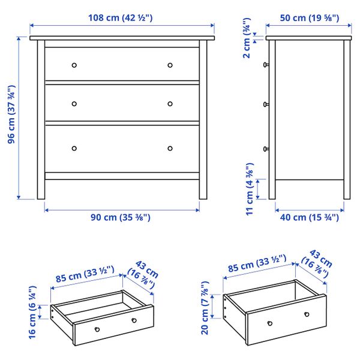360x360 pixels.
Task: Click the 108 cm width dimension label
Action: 122,17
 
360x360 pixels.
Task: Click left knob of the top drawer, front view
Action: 74,65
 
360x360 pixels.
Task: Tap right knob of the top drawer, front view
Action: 170,65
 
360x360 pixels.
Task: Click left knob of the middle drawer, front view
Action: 74,103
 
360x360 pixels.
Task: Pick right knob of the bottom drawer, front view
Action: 170,148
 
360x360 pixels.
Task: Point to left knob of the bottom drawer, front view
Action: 74,148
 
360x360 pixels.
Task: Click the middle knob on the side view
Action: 265,105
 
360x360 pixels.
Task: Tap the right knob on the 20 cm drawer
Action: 307,314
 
